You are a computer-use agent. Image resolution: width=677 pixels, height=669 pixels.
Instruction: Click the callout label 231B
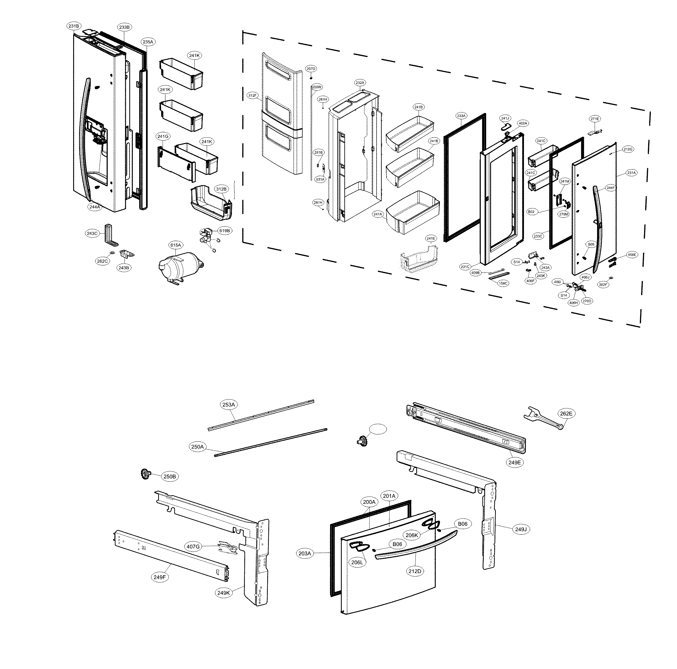tap(74, 26)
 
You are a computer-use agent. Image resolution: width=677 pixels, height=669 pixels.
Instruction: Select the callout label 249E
tap(515, 462)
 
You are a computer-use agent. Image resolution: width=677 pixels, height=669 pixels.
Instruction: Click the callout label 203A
tap(304, 554)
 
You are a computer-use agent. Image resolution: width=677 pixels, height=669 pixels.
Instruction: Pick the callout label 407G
tap(193, 547)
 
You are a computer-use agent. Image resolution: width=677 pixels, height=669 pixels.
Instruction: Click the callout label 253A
tap(228, 404)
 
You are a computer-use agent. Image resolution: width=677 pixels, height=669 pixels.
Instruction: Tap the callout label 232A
tap(360, 83)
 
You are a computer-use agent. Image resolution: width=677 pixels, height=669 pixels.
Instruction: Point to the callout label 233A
tap(461, 115)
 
